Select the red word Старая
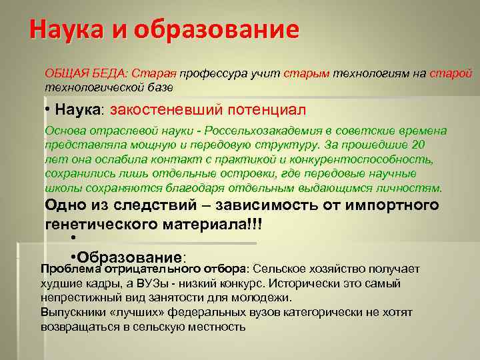point(157,73)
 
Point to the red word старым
point(307,73)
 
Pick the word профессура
point(210,73)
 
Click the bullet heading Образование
point(130,257)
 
